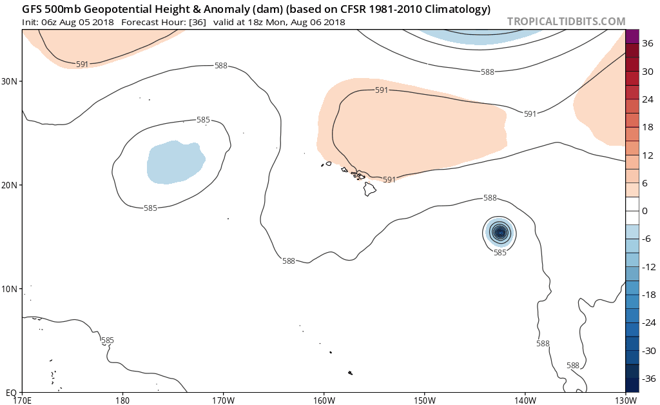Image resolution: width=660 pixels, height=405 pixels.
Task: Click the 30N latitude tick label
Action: click(x=9, y=81)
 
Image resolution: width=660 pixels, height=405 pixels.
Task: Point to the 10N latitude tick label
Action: click(x=9, y=288)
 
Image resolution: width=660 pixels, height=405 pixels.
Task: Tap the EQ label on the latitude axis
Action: click(x=10, y=392)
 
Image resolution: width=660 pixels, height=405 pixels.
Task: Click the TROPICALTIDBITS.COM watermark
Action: click(x=566, y=21)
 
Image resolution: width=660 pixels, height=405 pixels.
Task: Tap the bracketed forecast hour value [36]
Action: click(x=197, y=22)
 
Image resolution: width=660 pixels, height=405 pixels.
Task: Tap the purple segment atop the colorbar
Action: click(x=632, y=37)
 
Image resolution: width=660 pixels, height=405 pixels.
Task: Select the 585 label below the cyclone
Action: click(x=500, y=253)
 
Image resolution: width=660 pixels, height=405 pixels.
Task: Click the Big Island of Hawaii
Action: click(x=369, y=189)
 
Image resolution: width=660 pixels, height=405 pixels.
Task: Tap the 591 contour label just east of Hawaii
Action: click(x=389, y=180)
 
